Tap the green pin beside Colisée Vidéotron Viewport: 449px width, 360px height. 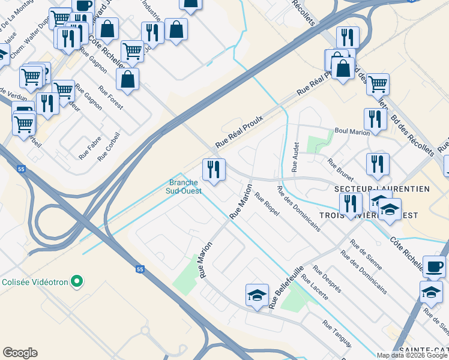(77, 281)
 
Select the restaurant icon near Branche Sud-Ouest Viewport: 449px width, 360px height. (214, 170)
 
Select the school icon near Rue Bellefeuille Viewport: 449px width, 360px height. (257, 295)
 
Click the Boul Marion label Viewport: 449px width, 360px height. (352, 131)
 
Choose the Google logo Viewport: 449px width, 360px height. (20, 353)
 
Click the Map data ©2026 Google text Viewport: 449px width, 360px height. (412, 355)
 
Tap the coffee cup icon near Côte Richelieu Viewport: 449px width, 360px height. (434, 266)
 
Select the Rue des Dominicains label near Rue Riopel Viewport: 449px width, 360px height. (298, 208)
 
